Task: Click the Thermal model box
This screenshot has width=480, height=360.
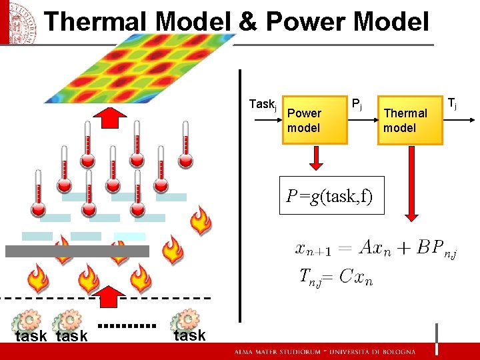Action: pos(411,121)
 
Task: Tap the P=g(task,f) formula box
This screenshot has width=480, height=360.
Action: pos(331,195)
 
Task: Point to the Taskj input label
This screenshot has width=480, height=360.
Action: pos(262,104)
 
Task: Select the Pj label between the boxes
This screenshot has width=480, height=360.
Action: pos(357,104)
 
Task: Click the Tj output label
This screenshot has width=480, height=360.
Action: pos(452,103)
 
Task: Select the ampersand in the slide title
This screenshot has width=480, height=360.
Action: pos(247,21)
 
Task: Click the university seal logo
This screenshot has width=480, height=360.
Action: pos(16,21)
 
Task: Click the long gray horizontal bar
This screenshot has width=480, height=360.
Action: pos(77,251)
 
